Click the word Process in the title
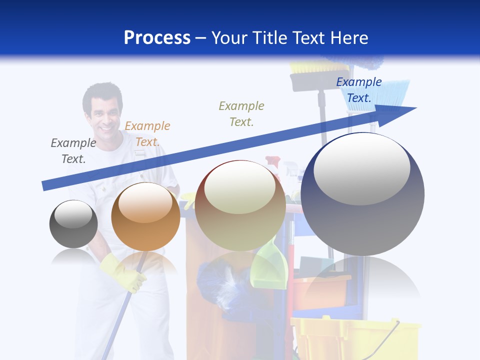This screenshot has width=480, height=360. [x=157, y=38]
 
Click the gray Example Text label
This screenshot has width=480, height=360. [x=73, y=151]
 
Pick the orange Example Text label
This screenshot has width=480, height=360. [x=147, y=134]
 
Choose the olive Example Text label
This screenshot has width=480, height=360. [x=241, y=113]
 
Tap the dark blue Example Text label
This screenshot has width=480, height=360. [x=359, y=90]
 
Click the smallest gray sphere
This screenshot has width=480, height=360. [x=73, y=224]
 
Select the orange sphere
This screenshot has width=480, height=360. [x=145, y=216]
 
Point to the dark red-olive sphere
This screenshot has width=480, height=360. [x=240, y=205]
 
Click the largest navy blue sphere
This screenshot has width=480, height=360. [x=362, y=194]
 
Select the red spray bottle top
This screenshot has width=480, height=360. [x=273, y=162]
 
